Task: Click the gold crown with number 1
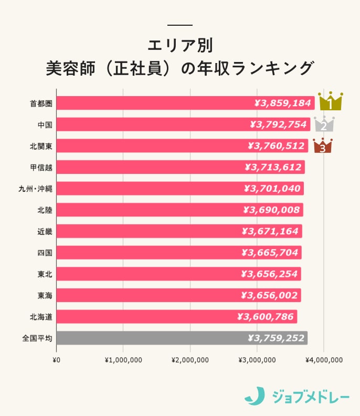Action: tap(330, 101)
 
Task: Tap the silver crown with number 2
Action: tap(324, 124)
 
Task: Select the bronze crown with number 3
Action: tap(322, 146)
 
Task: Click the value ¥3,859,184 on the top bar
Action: tap(282, 103)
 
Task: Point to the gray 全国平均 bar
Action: tap(182, 338)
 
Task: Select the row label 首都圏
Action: tap(41, 103)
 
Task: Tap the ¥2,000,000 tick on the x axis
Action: tap(190, 360)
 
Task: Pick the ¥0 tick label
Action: tap(57, 360)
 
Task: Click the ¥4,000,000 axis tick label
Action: tap(324, 360)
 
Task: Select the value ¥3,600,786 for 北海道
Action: tap(267, 317)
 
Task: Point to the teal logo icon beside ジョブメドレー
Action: tap(255, 396)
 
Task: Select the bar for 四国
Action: tap(178, 253)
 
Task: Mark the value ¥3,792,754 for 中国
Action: tap(280, 124)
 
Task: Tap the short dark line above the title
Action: tap(180, 25)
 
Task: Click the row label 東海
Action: tap(45, 295)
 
